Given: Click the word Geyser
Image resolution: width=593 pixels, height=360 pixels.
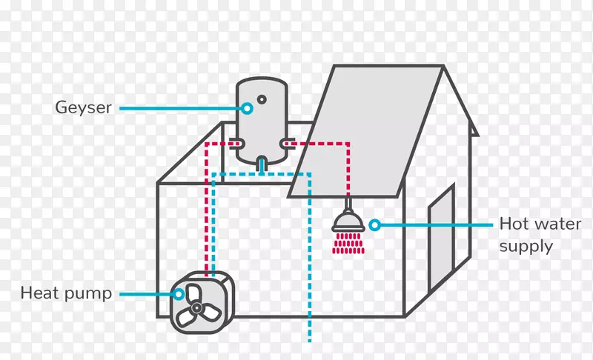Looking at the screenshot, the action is tap(83, 108).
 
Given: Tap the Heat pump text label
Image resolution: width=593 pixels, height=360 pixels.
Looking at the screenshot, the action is tap(66, 293).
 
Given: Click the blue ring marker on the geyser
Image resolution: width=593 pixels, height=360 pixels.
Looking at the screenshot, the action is tap(248, 108).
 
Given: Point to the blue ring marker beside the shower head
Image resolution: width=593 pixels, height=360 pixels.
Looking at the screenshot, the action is tap(374, 225).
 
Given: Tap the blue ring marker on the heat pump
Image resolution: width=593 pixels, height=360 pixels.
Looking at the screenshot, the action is tap(178, 294).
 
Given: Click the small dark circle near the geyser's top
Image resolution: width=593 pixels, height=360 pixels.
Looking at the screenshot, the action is tap(262, 100).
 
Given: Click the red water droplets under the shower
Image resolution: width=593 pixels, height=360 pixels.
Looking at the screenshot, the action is tap(348, 243).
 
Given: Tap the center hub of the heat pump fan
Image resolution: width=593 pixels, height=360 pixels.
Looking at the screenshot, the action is tap(196, 308).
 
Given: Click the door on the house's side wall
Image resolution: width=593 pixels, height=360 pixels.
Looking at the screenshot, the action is tap(441, 236).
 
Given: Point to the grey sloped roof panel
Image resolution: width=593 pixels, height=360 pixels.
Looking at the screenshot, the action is tap(365, 130).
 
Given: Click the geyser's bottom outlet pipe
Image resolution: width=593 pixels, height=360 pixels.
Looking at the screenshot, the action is tap(262, 165).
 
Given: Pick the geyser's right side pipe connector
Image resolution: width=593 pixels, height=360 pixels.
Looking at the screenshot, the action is tap(288, 144).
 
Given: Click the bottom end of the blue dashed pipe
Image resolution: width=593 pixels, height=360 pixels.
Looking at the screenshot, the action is tap(310, 341).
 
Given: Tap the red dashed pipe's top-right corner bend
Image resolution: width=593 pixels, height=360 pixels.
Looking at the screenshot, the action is tap(348, 144).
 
